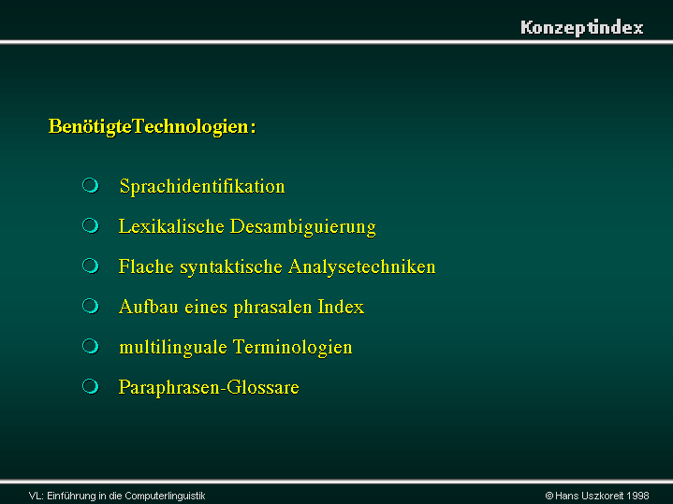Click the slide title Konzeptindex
pos(582,28)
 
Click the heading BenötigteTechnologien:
pos(153,127)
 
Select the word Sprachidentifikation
pos(202,187)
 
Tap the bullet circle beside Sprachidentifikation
pos(91,185)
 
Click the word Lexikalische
pos(171,226)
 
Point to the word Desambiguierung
pos(303,227)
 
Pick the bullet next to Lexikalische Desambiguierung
pos(91,225)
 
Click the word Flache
pos(146,266)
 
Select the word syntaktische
pos(231,267)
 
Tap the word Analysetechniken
pos(362,267)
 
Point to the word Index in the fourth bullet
pos(341,307)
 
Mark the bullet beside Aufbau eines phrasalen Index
pos(91,306)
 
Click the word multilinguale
pos(173,348)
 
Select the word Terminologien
pos(292,348)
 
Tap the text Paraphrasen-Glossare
pos(209,388)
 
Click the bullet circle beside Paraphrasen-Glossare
pos(91,386)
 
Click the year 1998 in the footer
pos(637,496)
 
